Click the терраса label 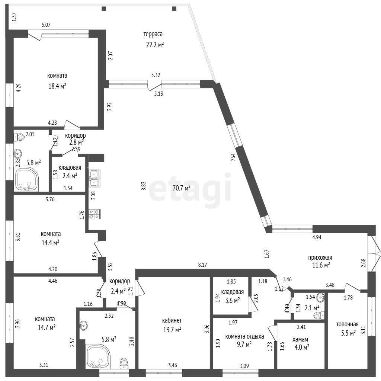[153, 34]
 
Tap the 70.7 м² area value [181, 188]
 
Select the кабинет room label [172, 321]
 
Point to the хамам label [300, 339]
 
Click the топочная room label [347, 324]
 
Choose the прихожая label [320, 258]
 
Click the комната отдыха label [245, 336]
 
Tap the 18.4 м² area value [57, 86]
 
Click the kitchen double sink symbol [95, 178]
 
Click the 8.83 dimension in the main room [144, 186]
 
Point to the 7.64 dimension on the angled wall [233, 158]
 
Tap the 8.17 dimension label [202, 265]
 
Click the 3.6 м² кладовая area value [233, 300]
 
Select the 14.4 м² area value [50, 243]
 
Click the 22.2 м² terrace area [155, 45]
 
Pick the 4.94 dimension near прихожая [317, 237]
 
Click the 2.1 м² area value [312, 308]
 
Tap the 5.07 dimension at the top [46, 25]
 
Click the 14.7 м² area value [47, 327]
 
